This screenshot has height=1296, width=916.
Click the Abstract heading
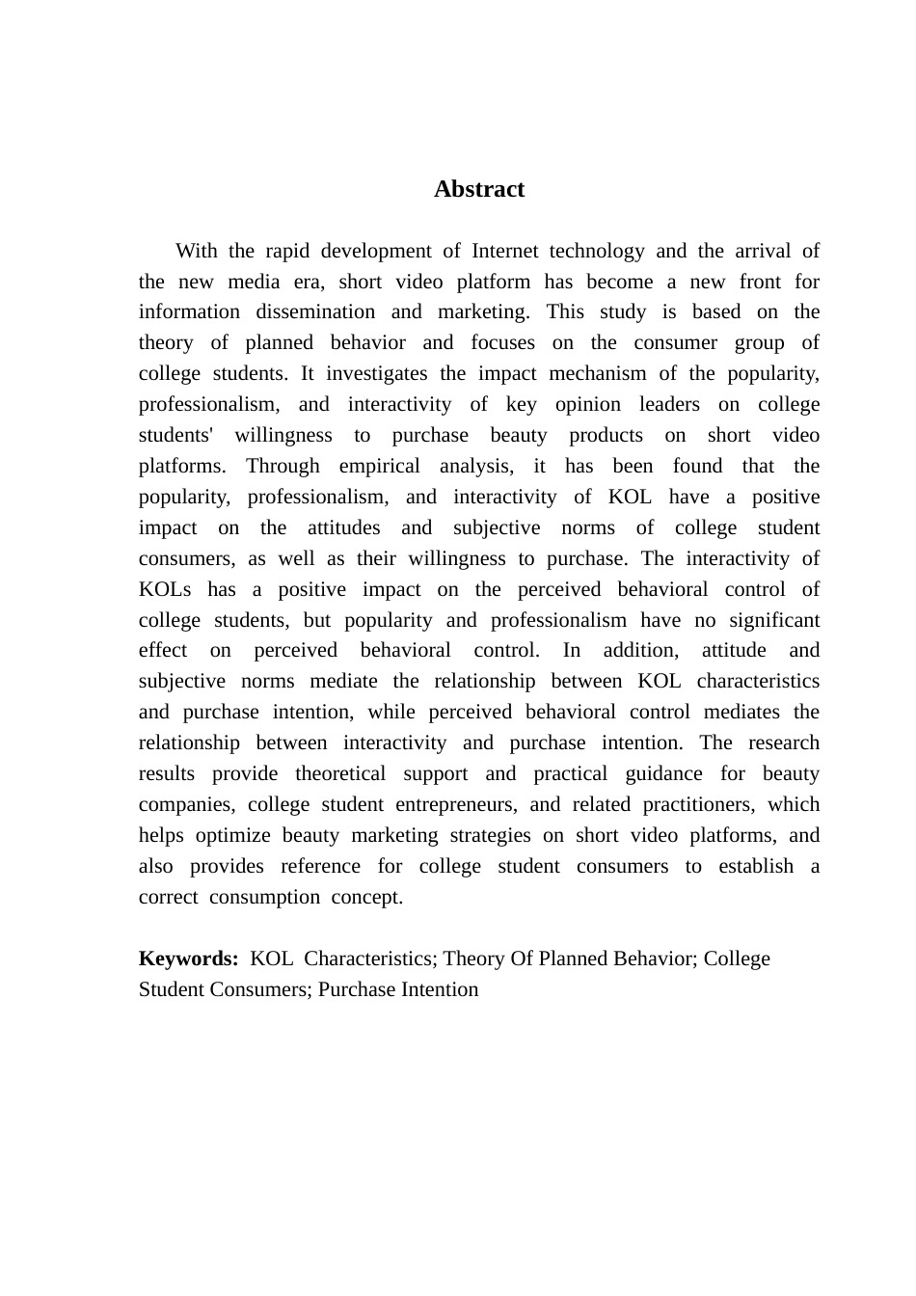(479, 189)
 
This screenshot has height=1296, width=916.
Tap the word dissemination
(315, 311)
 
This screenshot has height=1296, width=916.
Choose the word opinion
(587, 404)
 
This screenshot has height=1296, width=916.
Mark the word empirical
(379, 466)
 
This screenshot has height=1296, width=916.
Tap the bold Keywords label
(188, 958)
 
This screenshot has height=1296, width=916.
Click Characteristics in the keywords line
(369, 958)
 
